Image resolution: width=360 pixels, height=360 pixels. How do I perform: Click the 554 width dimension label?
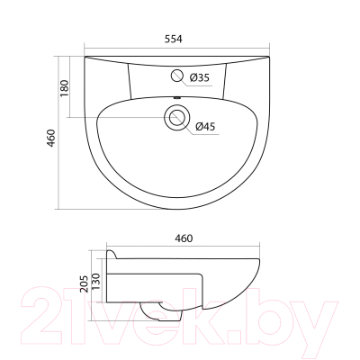tap(173, 39)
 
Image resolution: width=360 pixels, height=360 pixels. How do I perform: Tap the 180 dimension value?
tap(65, 88)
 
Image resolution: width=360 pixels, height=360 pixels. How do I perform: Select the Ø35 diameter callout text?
tap(199, 78)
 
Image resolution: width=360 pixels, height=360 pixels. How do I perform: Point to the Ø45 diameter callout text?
tap(205, 127)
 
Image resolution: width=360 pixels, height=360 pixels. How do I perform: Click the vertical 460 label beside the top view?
tap(51, 138)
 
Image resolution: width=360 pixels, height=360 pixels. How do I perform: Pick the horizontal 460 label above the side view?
tap(184, 238)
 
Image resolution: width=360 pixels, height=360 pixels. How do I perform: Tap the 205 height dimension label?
tap(85, 283)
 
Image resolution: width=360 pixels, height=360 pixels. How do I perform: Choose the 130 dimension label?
tap(95, 282)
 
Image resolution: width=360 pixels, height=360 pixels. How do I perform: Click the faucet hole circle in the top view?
tap(177, 76)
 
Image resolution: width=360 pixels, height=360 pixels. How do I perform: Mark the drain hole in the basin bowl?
tap(177, 117)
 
